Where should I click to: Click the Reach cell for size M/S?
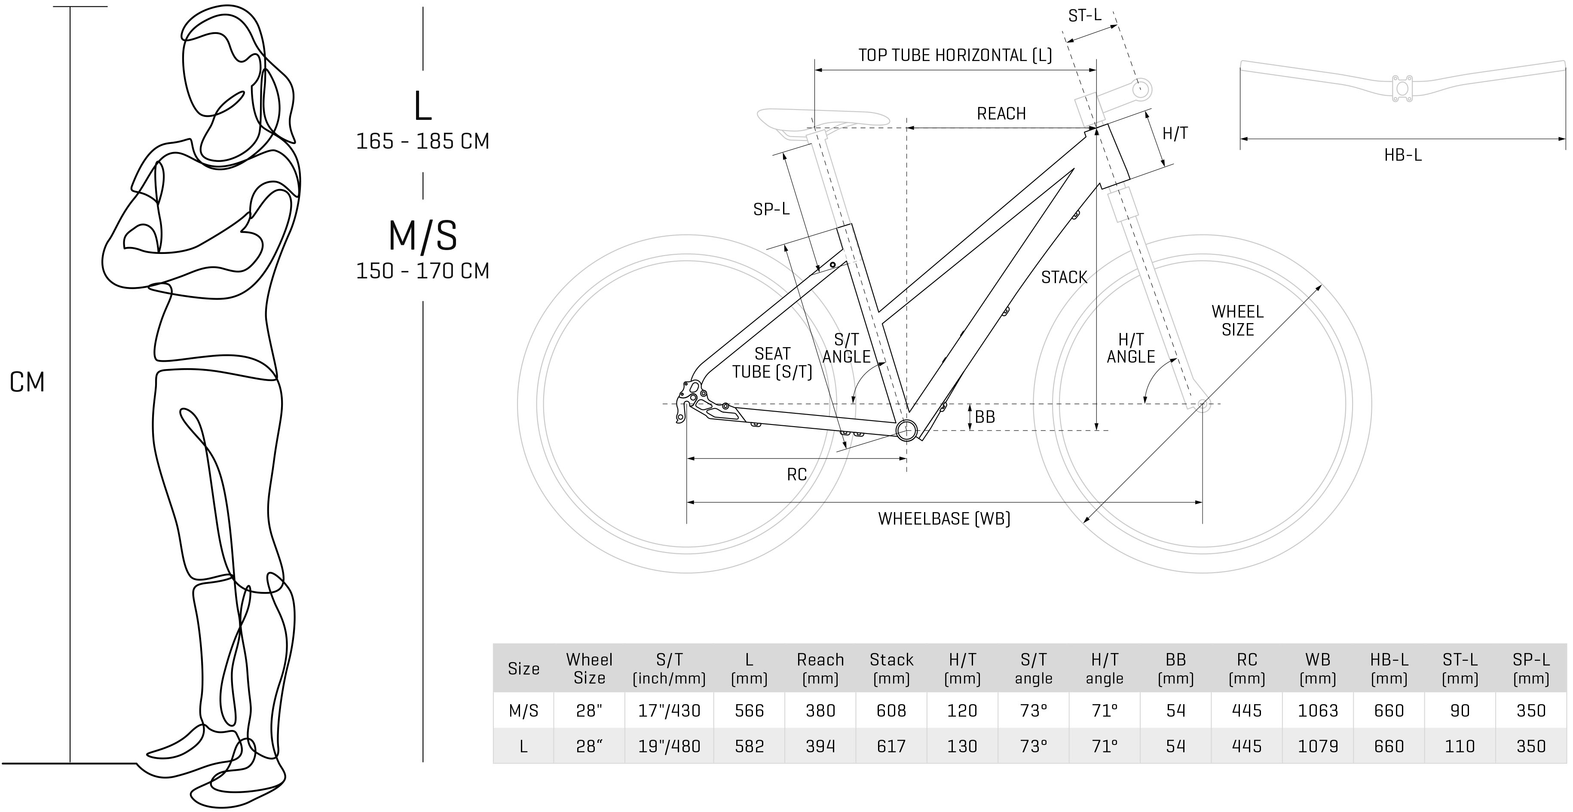click(x=820, y=711)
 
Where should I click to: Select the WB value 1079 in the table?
click(x=1318, y=746)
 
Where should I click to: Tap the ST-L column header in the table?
click(x=1460, y=669)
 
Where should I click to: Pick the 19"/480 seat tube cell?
click(x=669, y=746)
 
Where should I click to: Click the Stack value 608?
click(x=891, y=711)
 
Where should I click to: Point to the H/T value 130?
click(x=962, y=746)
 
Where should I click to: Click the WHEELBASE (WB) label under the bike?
click(x=944, y=518)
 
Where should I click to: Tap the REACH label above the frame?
click(x=1001, y=113)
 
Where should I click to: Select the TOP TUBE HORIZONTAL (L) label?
click(x=955, y=55)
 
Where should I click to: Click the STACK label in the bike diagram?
click(x=1064, y=277)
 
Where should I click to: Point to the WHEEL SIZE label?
click(x=1238, y=321)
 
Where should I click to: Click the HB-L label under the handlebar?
click(x=1403, y=155)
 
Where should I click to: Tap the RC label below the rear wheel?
click(x=797, y=474)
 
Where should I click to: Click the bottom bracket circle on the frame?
click(x=907, y=430)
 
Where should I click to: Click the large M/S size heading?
click(x=422, y=236)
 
